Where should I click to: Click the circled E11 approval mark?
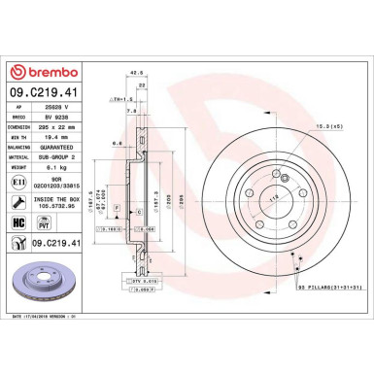click(x=20, y=181)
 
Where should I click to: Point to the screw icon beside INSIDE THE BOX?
click(x=20, y=201)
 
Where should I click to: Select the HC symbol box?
click(x=20, y=223)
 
